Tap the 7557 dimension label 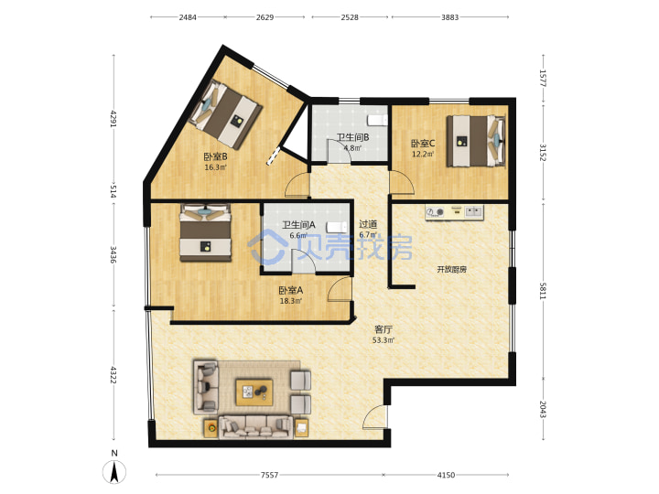[269, 475]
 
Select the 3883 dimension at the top [449, 17]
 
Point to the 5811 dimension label [543, 291]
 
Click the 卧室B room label [216, 157]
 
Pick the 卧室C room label [423, 145]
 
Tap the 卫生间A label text [298, 225]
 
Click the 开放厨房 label [452, 269]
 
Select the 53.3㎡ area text [384, 340]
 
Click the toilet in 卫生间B [377, 120]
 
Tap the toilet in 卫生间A [337, 227]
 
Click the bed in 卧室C [476, 141]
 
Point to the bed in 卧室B [225, 114]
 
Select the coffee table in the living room [254, 392]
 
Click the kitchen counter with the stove [454, 212]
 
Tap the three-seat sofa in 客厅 [256, 427]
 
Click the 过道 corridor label [368, 225]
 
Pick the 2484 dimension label [188, 17]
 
